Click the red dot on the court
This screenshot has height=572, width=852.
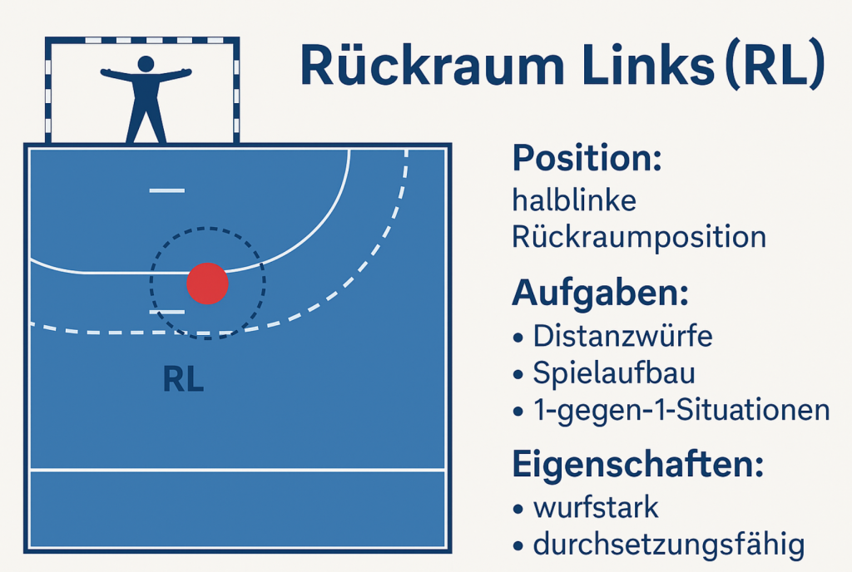tap(207, 284)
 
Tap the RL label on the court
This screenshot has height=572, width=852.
tap(184, 379)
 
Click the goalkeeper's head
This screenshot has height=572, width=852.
tap(146, 64)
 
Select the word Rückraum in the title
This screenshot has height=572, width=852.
tap(433, 65)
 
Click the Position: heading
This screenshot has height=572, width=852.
tap(587, 158)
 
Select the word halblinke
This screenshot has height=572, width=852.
tap(574, 200)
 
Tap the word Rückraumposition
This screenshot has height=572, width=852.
tap(640, 237)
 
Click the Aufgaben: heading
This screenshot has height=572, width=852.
tap(601, 293)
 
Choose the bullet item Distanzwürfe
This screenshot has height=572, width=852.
tap(622, 336)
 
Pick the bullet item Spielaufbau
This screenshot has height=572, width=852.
tap(614, 372)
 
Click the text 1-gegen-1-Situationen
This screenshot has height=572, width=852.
tap(682, 410)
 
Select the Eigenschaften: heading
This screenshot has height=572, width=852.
tap(638, 465)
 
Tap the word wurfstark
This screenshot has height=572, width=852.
tap(596, 507)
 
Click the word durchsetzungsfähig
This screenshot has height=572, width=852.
tap(669, 545)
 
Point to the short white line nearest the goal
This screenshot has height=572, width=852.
tap(167, 190)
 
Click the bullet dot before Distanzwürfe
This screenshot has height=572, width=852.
tap(518, 338)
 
